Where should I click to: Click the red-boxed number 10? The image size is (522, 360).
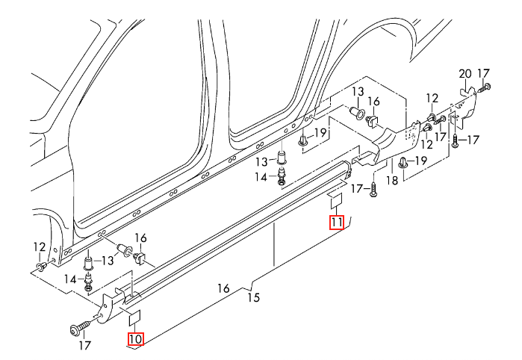(136, 339)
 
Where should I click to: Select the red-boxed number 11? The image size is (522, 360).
(337, 223)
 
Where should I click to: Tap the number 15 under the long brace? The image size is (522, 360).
(254, 297)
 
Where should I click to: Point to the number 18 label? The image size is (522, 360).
(392, 181)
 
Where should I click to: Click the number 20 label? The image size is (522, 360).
(465, 74)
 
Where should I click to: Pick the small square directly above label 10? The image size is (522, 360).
(134, 317)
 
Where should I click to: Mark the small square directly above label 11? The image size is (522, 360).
(336, 201)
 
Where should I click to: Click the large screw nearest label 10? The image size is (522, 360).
(81, 327)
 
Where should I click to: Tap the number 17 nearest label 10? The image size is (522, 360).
(84, 345)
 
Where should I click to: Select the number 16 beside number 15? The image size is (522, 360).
(224, 288)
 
